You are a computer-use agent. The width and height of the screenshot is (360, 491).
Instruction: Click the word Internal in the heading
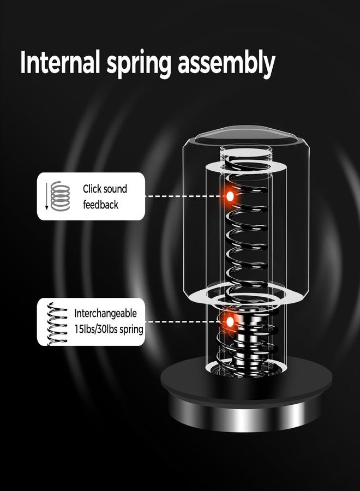(60, 63)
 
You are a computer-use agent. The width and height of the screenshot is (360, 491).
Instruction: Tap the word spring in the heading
(139, 65)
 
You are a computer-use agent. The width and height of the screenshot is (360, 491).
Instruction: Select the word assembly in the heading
(226, 64)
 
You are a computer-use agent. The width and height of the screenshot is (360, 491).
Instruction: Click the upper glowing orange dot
(230, 196)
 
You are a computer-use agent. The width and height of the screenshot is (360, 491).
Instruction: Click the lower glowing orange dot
(230, 321)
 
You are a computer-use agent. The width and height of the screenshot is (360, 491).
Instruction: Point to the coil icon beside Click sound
(61, 196)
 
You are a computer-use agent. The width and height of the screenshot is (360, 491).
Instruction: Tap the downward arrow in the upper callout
(47, 196)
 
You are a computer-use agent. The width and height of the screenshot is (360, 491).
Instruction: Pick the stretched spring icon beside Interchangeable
(57, 324)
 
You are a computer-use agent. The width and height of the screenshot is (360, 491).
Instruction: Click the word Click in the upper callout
(92, 189)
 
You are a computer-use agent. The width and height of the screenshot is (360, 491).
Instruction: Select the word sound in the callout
(115, 189)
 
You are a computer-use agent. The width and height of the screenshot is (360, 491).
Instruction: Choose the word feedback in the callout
(100, 205)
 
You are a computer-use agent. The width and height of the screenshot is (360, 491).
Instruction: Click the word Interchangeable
(105, 313)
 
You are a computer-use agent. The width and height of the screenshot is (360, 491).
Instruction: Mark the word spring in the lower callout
(131, 330)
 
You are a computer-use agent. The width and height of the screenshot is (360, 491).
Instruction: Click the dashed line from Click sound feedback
(185, 196)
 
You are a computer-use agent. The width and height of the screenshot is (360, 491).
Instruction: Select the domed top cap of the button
(246, 135)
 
